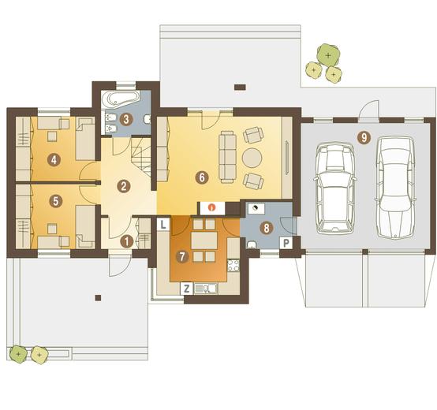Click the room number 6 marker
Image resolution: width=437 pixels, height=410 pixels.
[202, 177]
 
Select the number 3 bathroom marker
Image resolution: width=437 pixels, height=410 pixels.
[125, 120]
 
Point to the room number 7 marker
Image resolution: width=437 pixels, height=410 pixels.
[182, 257]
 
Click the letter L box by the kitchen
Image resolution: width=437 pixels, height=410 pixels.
[163, 224]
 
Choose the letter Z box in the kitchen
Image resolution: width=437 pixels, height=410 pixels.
[186, 289]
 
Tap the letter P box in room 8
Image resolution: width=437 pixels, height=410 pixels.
[286, 243]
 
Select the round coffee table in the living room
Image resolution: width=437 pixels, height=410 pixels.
[252, 158]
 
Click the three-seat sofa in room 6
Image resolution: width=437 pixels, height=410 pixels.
[227, 157]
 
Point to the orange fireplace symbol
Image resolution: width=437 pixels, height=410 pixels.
[212, 207]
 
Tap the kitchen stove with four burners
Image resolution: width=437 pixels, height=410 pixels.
[233, 266]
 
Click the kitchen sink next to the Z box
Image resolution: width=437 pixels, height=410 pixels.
[206, 289]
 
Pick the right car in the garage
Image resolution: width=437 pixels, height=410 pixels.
[395, 188]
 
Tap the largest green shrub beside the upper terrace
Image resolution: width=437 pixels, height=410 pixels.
[328, 55]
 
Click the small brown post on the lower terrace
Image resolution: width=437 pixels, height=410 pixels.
[98, 298]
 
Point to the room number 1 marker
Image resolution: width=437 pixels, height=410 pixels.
[126, 242]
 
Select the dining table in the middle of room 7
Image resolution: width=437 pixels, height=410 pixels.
[204, 240]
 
